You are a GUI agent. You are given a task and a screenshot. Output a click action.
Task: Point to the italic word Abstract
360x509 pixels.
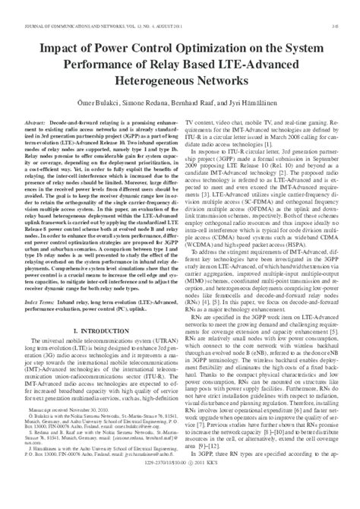tap(36, 122)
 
